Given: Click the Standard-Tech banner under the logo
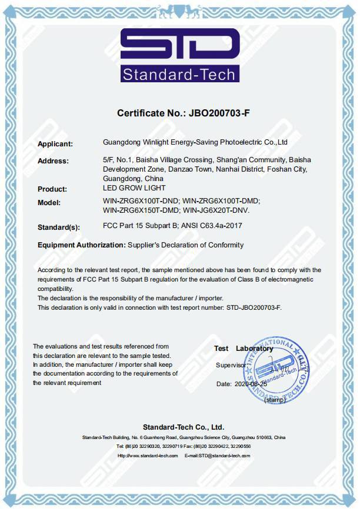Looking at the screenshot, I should [180, 74].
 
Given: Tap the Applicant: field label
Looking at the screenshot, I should [55, 144].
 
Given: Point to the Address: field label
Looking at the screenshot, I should [53, 161].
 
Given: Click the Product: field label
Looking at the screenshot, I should [52, 189].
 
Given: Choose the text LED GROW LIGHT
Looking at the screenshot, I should [134, 188].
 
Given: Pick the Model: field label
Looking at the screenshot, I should [49, 202].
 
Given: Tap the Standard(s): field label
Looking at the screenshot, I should [58, 226].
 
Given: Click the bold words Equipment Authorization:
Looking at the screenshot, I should [81, 245].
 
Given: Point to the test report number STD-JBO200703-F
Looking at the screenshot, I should [254, 307].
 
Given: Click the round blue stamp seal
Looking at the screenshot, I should [277, 371].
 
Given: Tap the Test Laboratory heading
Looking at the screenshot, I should [244, 349].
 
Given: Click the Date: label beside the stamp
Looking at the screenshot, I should [224, 384].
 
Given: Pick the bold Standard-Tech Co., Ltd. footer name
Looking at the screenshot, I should [184, 427].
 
